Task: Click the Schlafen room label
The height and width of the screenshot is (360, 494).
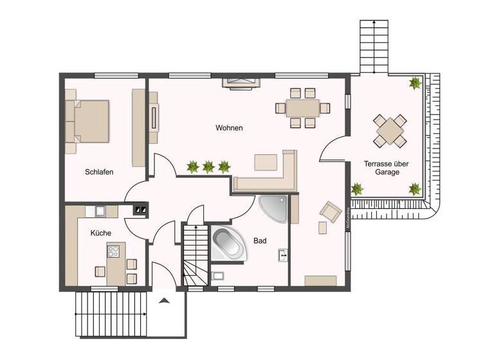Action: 99,172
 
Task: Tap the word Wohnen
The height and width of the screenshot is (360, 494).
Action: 229,128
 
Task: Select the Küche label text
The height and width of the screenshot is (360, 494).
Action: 100,233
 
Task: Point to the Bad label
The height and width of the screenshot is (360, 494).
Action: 260,240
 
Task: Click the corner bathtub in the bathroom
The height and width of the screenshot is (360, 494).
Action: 229,244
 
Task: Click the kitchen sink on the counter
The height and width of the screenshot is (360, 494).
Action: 100,210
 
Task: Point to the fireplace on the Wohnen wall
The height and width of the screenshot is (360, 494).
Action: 241,81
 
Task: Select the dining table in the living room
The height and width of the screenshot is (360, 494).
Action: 302,107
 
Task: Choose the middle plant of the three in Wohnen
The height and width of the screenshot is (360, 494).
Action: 208,167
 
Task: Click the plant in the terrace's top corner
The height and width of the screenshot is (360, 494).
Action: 415,83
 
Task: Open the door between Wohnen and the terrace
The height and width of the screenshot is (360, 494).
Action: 334,151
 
